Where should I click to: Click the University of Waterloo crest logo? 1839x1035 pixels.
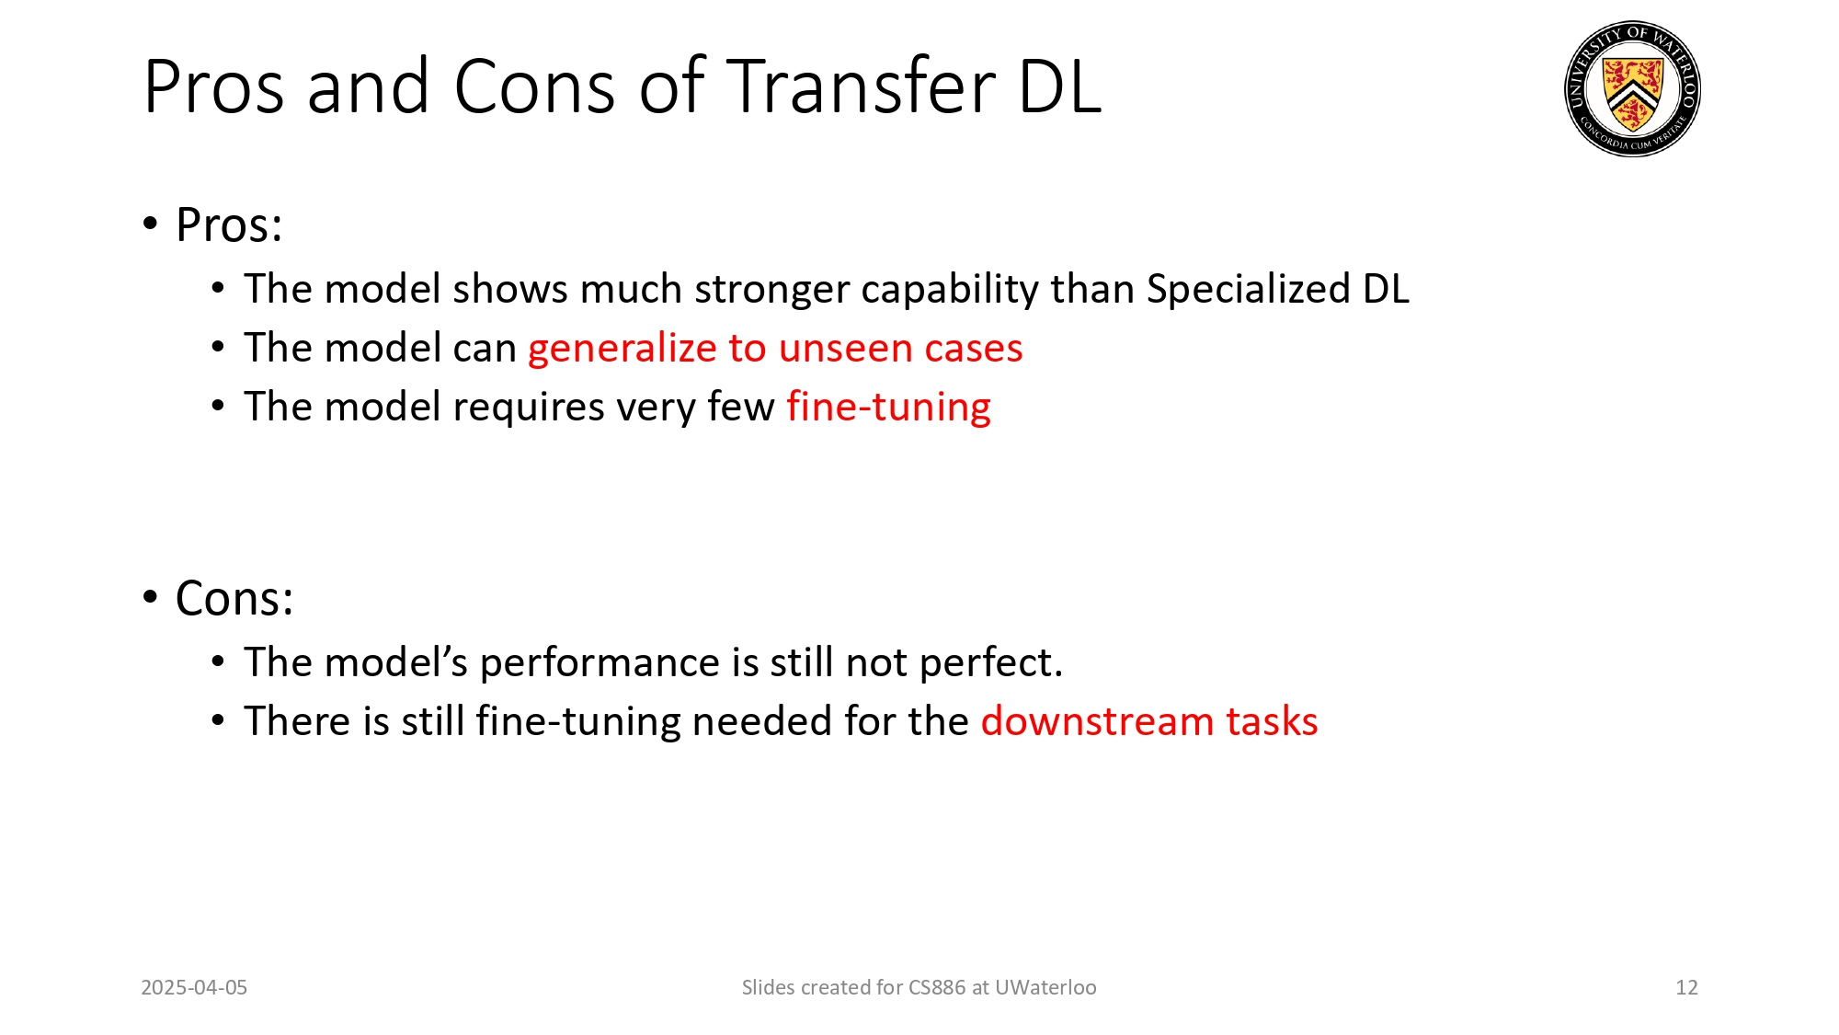point(1632,89)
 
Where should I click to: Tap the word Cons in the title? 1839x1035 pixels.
point(534,87)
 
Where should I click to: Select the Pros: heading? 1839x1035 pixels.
point(229,225)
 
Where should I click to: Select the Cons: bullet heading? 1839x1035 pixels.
point(234,599)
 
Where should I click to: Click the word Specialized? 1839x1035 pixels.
point(1247,290)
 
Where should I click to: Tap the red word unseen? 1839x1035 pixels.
point(845,349)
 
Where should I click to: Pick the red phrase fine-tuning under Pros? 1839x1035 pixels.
point(888,408)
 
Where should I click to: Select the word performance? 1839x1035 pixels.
point(600,663)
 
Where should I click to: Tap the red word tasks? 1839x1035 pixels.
point(1272,722)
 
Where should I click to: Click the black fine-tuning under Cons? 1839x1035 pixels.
point(577,722)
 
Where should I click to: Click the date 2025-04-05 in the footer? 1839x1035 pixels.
point(194,987)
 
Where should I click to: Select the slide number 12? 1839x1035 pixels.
point(1686,987)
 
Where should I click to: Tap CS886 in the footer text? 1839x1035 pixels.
point(936,987)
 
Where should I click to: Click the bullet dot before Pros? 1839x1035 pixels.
point(151,224)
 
